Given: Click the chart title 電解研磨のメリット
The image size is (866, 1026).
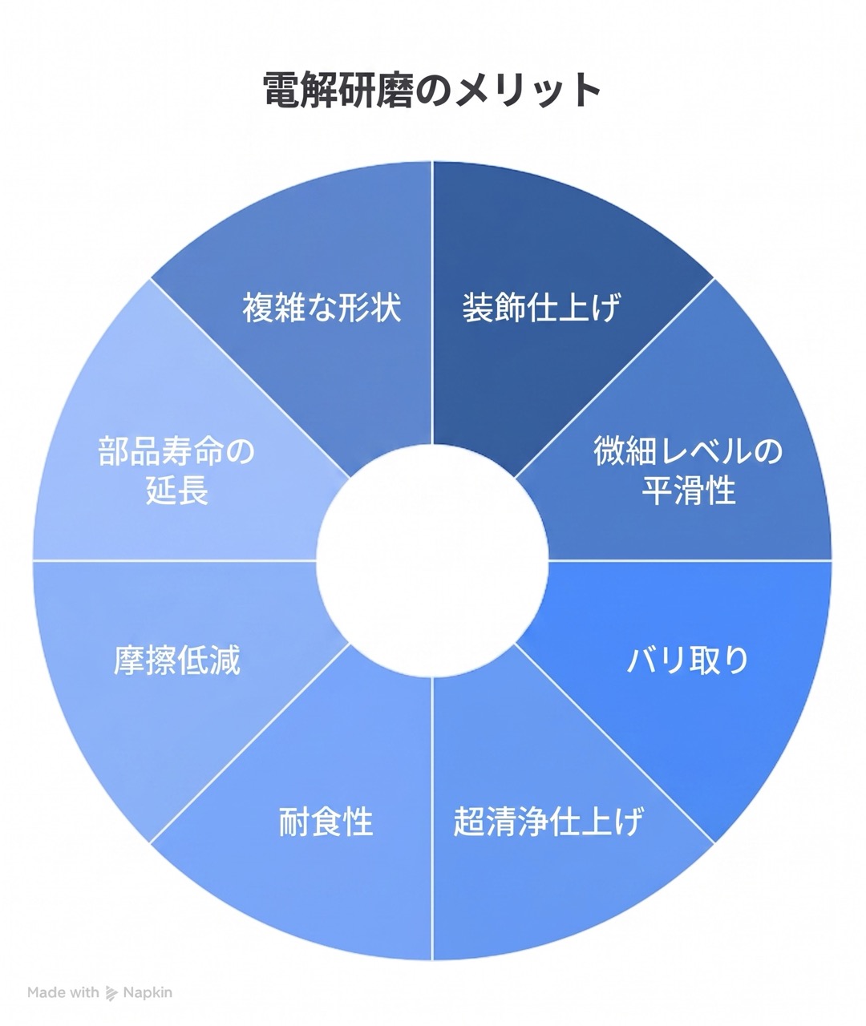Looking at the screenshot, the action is coord(431,90).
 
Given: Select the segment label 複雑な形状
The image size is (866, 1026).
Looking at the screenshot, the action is coord(322,308).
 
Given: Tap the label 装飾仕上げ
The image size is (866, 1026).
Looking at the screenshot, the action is coord(541,308).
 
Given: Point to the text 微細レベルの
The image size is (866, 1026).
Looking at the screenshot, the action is coord(688,450).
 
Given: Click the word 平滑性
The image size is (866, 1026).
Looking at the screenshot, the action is coord(689,490).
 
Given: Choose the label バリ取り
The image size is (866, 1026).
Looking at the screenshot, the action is coord(688,660).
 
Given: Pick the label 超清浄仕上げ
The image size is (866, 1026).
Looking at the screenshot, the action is coord(548,821).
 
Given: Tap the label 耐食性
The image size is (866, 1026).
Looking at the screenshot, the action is coord(326,821).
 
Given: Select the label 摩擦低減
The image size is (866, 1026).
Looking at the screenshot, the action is coord(177,660).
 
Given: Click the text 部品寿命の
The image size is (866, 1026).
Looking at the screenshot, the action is coord(177,450).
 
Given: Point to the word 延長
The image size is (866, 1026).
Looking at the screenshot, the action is coord(177,490).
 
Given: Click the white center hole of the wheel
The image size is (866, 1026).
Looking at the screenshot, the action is coord(432,560).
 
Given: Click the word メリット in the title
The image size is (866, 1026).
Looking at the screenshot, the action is coord(526,90).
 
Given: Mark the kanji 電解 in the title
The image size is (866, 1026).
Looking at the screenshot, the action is coord(301,90).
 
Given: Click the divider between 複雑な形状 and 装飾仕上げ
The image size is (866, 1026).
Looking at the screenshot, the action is coord(432,303).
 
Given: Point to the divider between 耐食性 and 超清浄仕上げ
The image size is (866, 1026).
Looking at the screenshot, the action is coord(432,818).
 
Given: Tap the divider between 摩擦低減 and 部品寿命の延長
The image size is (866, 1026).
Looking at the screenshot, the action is coord(175,560).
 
